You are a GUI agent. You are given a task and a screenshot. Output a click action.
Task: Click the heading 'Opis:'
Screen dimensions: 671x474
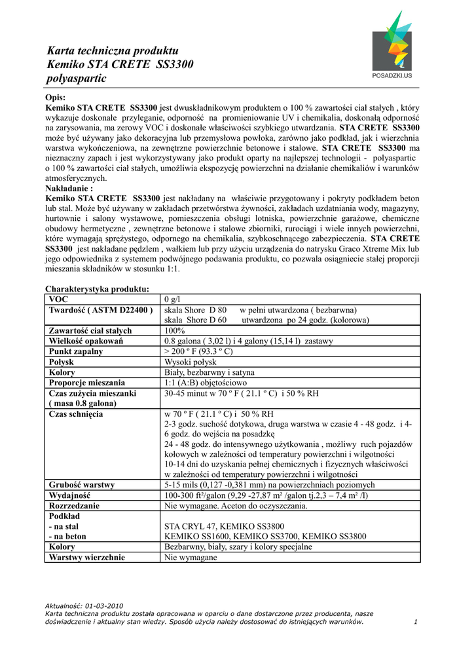56,97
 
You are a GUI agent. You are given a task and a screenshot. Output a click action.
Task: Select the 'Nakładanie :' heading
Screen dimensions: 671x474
74,187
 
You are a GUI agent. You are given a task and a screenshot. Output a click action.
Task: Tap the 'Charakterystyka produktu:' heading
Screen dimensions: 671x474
97,288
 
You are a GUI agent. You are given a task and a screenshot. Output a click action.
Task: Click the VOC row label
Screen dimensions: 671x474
58,299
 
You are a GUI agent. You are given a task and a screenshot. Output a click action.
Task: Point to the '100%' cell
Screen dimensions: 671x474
175,330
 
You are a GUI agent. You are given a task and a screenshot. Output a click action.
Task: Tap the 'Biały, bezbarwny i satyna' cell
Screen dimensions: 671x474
210,372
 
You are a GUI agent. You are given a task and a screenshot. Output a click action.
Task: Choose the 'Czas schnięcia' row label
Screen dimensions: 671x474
75,414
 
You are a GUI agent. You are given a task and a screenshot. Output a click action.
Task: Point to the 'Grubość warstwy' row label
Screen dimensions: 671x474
82,485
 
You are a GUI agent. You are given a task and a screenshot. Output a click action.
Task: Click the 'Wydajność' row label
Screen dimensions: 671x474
69,495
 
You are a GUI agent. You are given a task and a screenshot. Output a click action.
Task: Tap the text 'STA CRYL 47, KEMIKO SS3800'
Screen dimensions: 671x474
223,526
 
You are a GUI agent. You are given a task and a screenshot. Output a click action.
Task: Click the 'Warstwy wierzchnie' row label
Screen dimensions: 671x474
86,557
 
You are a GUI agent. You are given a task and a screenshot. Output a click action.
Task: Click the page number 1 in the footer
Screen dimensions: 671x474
416,622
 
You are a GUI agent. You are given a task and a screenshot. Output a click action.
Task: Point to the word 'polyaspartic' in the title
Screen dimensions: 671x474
76,79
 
